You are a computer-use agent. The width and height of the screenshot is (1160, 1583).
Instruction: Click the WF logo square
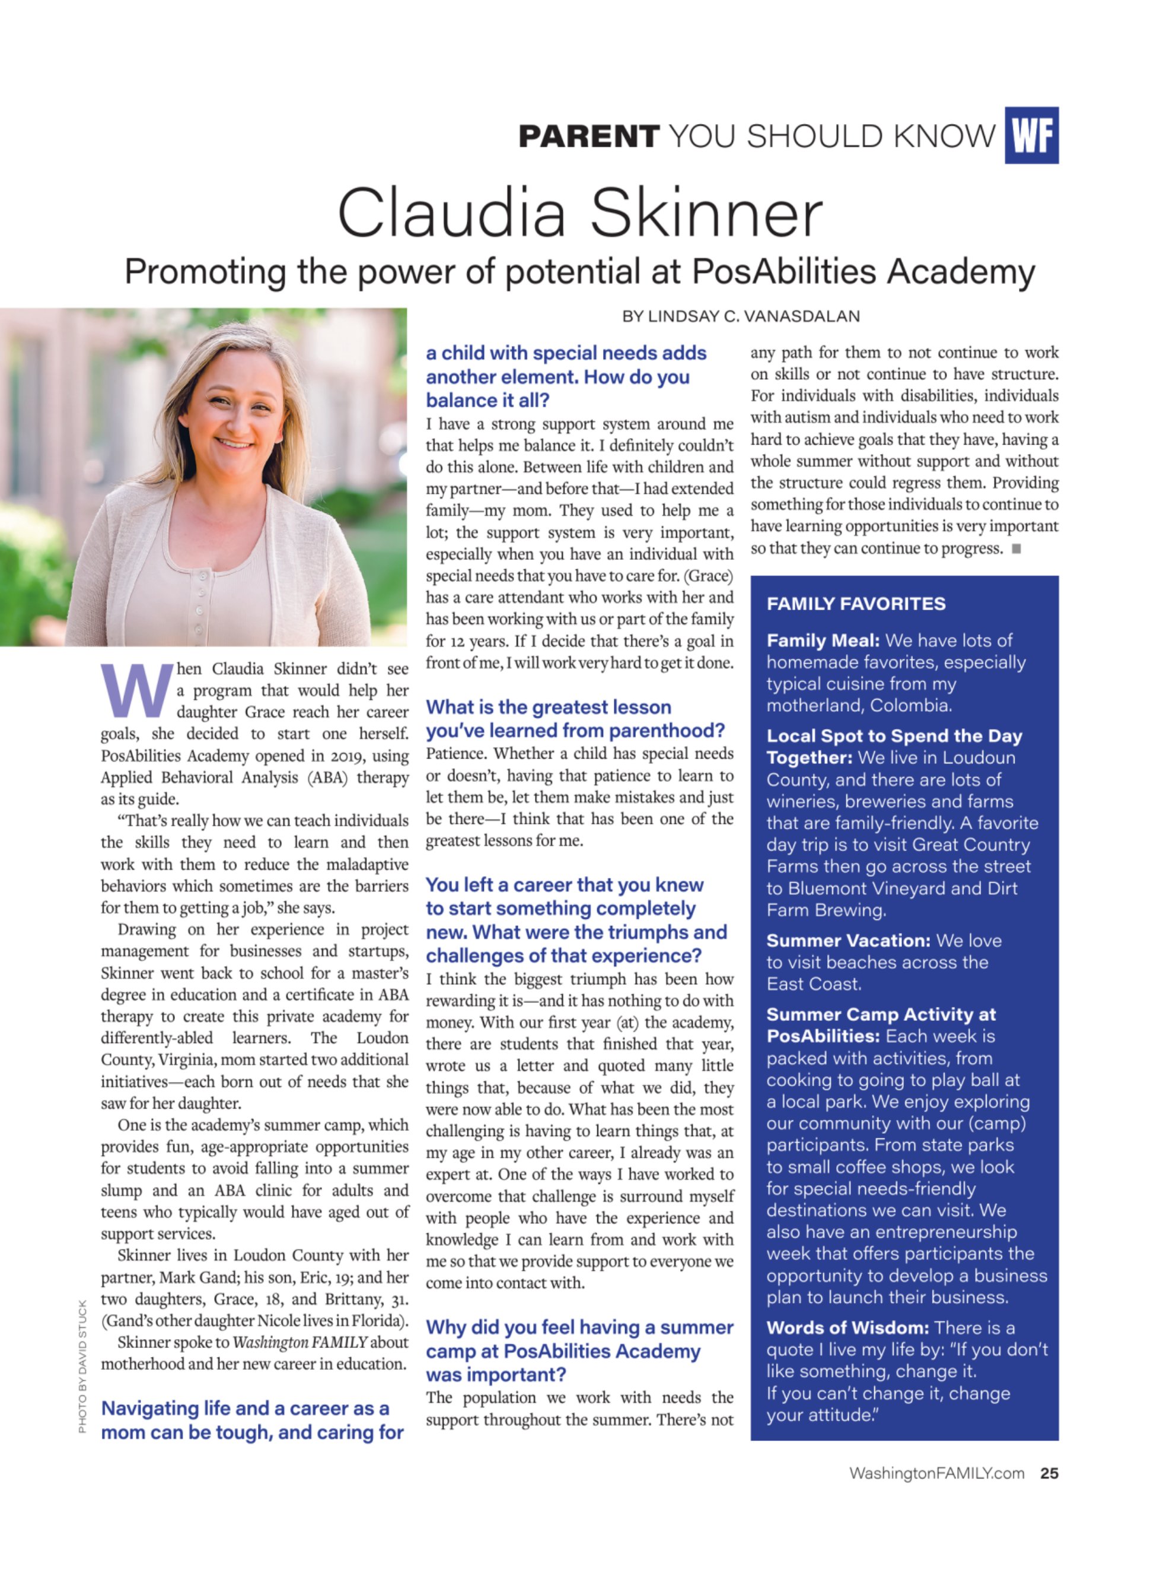point(1031,135)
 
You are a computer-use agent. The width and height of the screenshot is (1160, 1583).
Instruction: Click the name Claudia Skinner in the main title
point(579,213)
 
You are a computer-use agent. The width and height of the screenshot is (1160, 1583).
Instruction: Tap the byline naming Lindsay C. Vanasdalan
point(740,316)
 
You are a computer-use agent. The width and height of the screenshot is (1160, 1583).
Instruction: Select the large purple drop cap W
point(136,689)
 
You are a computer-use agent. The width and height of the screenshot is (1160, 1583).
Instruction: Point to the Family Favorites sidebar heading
point(855,604)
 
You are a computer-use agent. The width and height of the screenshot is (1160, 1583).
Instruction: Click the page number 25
point(1049,1473)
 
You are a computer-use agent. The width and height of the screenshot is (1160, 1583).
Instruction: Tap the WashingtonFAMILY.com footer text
point(936,1473)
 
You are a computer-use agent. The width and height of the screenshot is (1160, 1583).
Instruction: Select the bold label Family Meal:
point(822,640)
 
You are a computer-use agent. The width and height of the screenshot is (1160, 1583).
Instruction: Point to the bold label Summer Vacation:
point(848,940)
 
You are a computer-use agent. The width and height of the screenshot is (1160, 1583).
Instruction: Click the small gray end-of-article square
point(1015,549)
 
